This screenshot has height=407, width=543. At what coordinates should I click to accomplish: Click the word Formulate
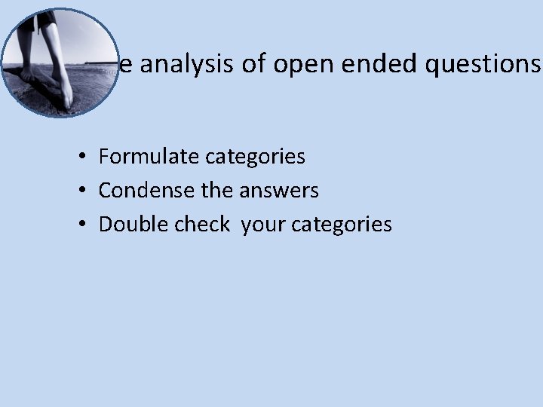(148, 157)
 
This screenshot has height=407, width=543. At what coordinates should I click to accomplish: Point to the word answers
(279, 191)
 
